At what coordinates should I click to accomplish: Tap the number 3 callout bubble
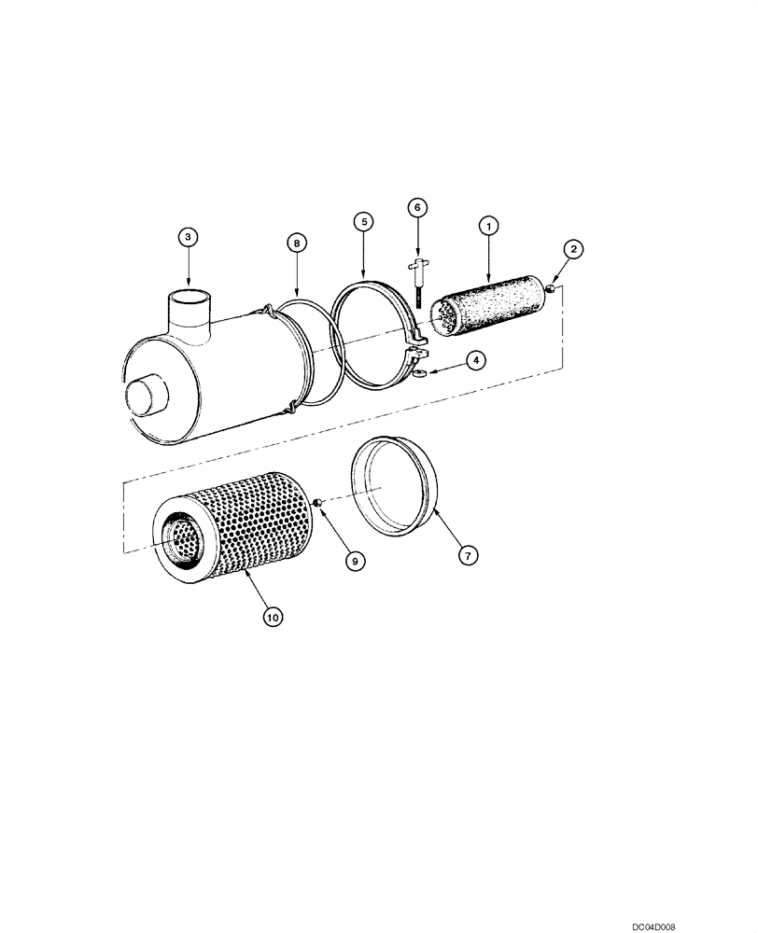pyautogui.click(x=189, y=237)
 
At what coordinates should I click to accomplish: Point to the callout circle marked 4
pyautogui.click(x=475, y=359)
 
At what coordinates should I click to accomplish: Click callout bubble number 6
pyautogui.click(x=416, y=206)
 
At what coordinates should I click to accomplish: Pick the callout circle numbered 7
pyautogui.click(x=468, y=554)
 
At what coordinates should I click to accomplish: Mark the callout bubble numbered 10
pyautogui.click(x=273, y=617)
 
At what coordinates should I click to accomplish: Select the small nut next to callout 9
pyautogui.click(x=318, y=504)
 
